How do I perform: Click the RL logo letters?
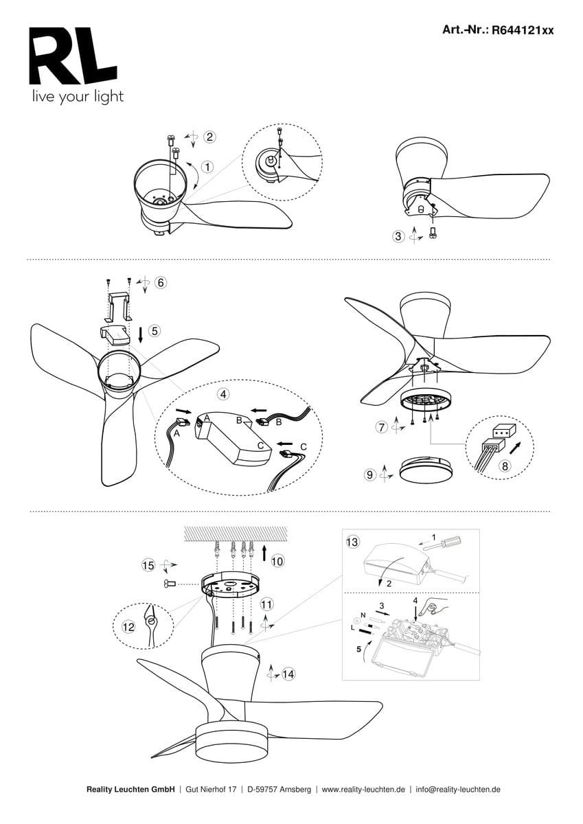point(73,56)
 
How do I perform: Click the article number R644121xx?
point(523,30)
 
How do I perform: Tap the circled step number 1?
point(208,167)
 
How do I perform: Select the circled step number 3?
point(398,236)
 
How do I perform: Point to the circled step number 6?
point(161,282)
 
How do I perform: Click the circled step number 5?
point(155,331)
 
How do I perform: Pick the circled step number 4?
point(223,394)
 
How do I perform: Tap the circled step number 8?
point(505,466)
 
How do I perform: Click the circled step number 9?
point(370,474)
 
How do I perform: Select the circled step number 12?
point(128,626)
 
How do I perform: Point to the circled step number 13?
point(352,542)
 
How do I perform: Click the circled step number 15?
point(148,565)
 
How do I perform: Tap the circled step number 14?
point(288,674)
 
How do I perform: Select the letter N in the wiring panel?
point(363,615)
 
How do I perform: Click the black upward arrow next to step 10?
point(264,553)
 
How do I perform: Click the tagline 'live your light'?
point(78,97)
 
